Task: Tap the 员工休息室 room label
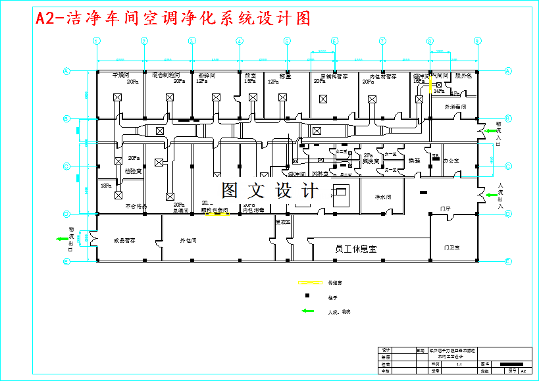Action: (355, 249)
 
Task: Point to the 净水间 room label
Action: (383, 197)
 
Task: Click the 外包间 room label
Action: (188, 241)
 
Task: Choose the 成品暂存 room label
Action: (124, 241)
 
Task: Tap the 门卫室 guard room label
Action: (451, 247)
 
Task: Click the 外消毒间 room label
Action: (455, 106)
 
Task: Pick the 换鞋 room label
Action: (414, 161)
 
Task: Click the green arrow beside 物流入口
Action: (492, 132)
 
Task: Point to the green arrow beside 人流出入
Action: (491, 194)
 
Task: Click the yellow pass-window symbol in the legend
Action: (309, 283)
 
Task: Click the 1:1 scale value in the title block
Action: (458, 363)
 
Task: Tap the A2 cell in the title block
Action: (522, 371)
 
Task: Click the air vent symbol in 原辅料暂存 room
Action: (322, 99)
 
